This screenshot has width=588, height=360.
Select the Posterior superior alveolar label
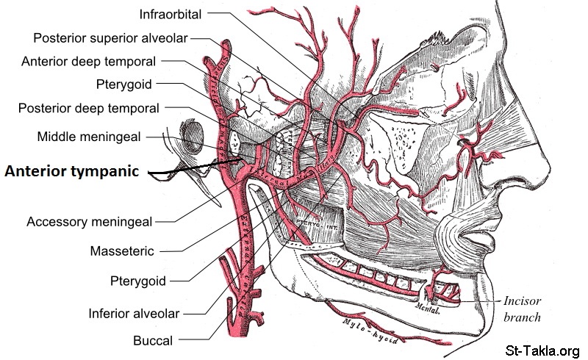click(x=110, y=37)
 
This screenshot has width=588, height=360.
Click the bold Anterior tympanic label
click(x=71, y=171)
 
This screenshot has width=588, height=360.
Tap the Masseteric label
click(x=121, y=251)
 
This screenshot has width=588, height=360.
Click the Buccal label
click(x=153, y=340)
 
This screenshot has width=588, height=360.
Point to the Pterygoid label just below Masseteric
click(x=137, y=280)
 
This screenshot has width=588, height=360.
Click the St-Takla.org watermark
click(x=545, y=350)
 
